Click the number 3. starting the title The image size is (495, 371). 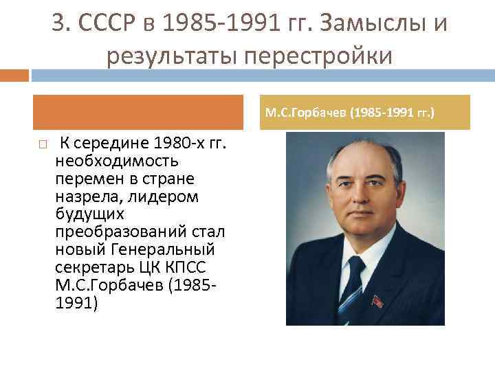coord(61,25)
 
